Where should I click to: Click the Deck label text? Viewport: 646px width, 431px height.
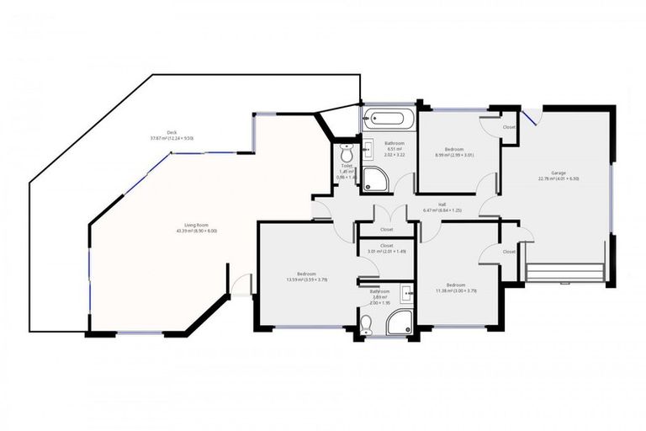point(172,132)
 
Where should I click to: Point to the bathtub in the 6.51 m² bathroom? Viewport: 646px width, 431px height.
point(388,119)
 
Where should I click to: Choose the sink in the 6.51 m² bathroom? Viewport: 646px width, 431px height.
point(368,148)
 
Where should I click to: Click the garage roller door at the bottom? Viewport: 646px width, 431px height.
point(564,273)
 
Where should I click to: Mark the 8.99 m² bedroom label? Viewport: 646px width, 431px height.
point(454,149)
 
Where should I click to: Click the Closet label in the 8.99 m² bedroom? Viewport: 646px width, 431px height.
point(509,127)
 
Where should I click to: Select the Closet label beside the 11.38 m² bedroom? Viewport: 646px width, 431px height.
point(509,251)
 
